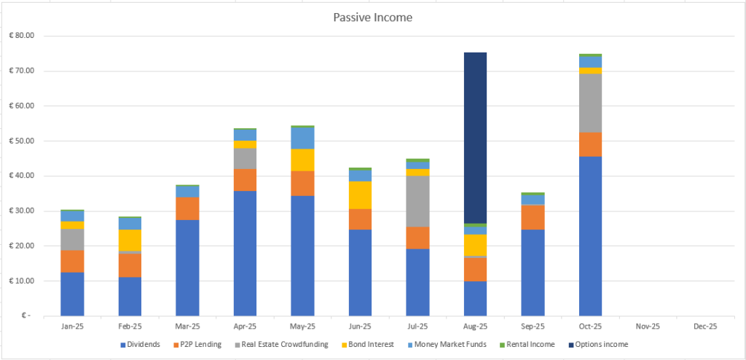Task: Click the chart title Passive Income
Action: (373, 16)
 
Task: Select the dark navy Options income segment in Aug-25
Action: (475, 138)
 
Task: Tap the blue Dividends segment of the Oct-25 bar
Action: (590, 236)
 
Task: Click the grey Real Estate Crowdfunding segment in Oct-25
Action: (590, 103)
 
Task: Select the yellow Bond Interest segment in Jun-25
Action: (360, 195)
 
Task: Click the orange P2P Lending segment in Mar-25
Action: (187, 208)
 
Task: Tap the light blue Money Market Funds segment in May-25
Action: (302, 138)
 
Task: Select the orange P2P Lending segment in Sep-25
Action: (533, 217)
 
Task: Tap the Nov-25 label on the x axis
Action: (648, 326)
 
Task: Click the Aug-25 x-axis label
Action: (475, 326)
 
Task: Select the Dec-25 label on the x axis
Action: (705, 326)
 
